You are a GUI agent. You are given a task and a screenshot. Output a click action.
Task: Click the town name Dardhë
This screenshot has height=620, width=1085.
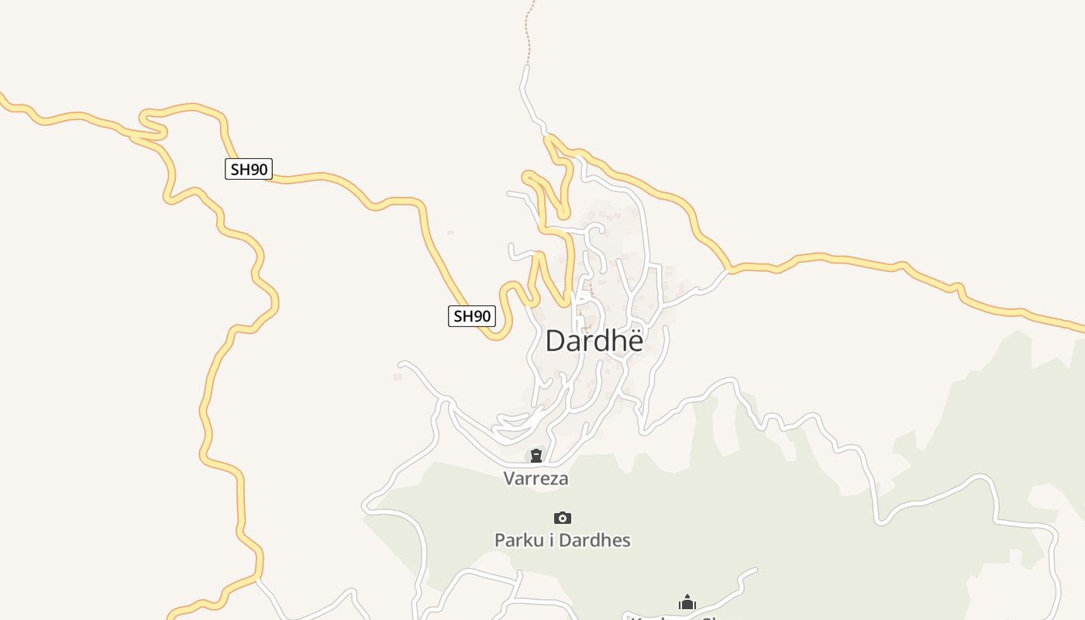(x=594, y=341)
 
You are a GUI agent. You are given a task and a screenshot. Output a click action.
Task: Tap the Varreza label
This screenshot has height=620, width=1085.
(x=536, y=478)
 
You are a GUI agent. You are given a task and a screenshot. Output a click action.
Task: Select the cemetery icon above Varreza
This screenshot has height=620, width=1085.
(x=536, y=455)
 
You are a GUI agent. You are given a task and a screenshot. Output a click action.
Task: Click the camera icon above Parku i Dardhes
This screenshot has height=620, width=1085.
(x=563, y=518)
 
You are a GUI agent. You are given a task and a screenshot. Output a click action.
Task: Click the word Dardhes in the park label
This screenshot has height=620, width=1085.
(x=594, y=540)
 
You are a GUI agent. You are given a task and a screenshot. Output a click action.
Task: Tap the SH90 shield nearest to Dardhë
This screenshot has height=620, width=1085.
(x=471, y=316)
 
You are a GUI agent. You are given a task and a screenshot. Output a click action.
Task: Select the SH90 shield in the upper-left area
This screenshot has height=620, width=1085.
(x=249, y=169)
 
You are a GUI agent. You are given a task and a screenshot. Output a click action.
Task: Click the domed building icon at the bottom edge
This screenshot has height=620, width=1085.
(x=687, y=602)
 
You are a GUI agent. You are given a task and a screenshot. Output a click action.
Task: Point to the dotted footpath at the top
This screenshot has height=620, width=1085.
(x=530, y=31)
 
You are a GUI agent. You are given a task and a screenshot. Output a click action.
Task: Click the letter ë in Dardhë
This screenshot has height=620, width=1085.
(x=635, y=341)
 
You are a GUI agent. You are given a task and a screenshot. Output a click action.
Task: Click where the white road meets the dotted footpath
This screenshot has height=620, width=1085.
(x=526, y=67)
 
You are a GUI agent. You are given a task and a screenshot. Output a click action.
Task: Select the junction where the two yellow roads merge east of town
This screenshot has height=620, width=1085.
(x=728, y=270)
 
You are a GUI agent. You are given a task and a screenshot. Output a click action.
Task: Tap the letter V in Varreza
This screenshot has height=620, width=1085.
(x=509, y=478)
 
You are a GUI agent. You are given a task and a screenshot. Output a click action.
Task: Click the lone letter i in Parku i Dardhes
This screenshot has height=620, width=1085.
(x=551, y=540)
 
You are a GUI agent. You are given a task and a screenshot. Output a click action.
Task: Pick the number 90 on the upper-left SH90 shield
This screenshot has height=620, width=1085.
(x=257, y=169)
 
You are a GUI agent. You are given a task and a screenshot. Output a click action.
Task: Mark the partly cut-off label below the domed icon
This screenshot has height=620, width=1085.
(x=674, y=617)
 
